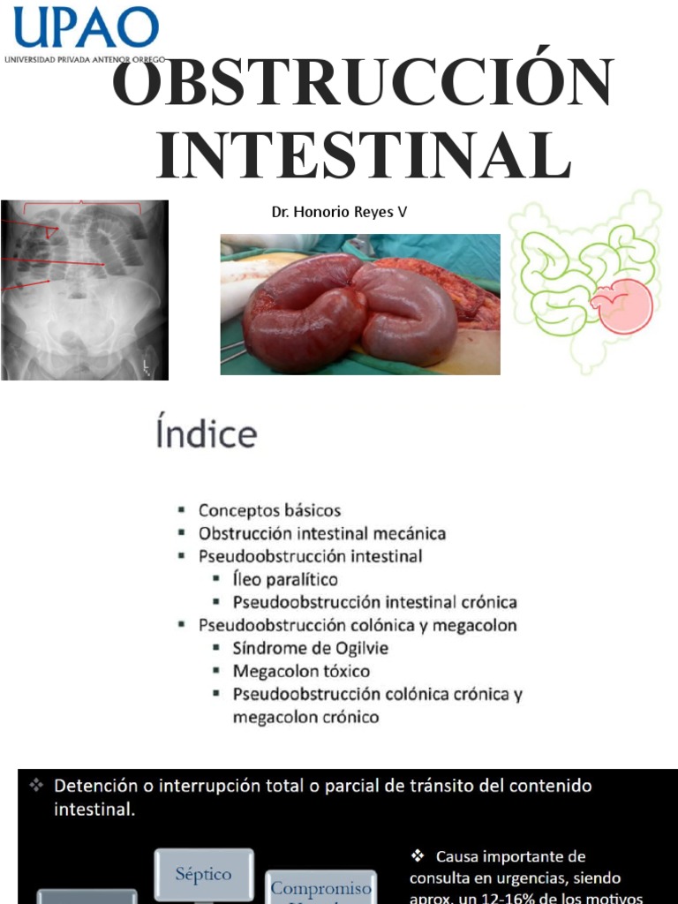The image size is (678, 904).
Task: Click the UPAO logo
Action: pos(86,32)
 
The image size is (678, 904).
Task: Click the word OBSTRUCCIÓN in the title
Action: pos(363,86)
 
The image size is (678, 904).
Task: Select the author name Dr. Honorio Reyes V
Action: pos(339,213)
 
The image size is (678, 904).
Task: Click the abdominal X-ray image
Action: pos(84,290)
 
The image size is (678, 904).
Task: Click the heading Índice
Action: pos(207,435)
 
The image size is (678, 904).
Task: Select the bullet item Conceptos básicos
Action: pos(268,511)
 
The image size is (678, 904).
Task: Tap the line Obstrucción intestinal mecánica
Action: pos(321,534)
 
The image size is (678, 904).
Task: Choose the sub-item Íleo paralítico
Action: pos(285,580)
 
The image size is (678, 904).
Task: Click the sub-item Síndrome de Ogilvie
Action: pos(310,648)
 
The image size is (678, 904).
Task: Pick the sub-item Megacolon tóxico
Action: pos(301,671)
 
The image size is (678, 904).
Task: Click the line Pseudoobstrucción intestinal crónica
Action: pos(374,603)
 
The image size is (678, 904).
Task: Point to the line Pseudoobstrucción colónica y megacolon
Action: pos(357,625)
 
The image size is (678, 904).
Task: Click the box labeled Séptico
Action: pos(203,875)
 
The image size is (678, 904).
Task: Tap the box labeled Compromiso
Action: pos(320,887)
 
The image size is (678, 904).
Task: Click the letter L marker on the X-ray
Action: pos(147,365)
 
